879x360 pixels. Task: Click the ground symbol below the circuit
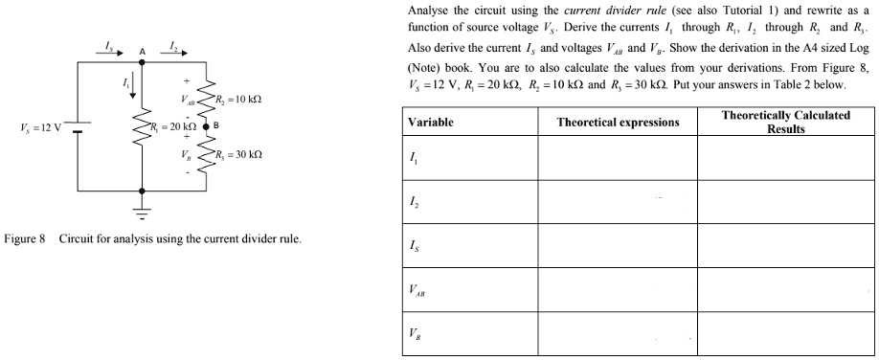tap(142, 210)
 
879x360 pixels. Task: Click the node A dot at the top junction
tap(142, 62)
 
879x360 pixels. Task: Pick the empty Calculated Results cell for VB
tap(784, 338)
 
